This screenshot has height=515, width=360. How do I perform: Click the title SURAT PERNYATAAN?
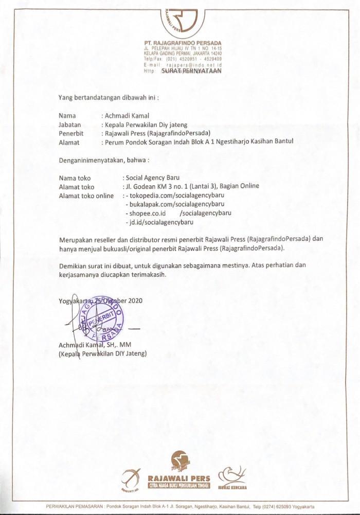(x=191, y=72)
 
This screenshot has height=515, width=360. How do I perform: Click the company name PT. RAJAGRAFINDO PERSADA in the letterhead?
(x=183, y=43)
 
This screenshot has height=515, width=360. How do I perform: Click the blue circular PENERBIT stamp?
(x=102, y=317)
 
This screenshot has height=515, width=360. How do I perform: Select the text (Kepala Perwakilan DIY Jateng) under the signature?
(x=103, y=353)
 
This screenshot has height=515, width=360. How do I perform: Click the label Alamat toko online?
(x=86, y=196)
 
